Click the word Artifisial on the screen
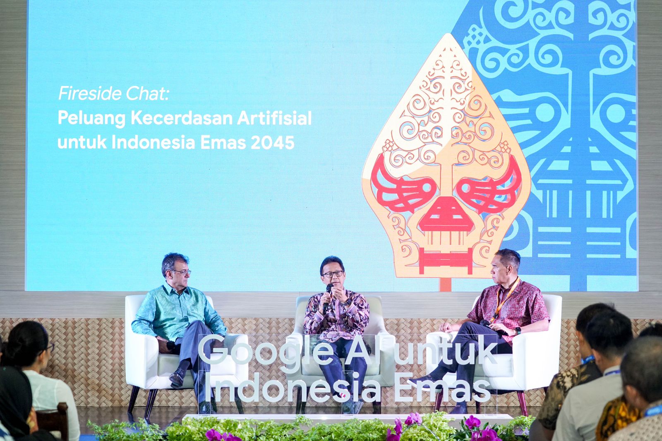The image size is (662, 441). [x=274, y=118]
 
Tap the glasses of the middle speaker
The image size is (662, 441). [x=333, y=274]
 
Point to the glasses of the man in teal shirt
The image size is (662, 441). [x=182, y=272]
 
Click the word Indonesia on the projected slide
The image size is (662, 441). [x=154, y=142]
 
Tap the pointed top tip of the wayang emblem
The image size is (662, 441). [x=449, y=34]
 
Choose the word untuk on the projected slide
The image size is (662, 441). [x=82, y=142]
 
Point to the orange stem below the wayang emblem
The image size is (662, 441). [x=445, y=284]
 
